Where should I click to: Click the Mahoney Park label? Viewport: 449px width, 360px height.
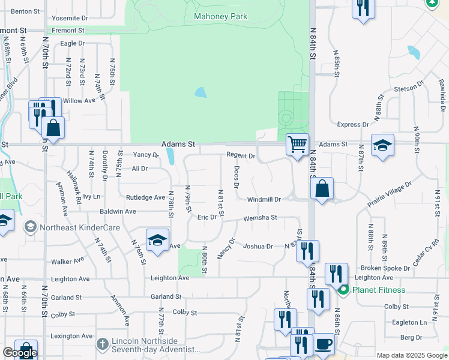(x=220, y=16)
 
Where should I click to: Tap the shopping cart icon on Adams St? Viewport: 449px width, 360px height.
(x=297, y=145)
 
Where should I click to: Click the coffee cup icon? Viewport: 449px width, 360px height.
(x=324, y=344)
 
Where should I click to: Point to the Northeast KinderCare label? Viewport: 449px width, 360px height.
(x=80, y=227)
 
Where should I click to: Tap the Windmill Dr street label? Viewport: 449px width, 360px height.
(x=264, y=199)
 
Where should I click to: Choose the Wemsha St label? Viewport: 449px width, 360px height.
(x=260, y=218)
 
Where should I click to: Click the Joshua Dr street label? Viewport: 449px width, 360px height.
(x=258, y=246)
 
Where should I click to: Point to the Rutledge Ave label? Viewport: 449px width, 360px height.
(x=145, y=197)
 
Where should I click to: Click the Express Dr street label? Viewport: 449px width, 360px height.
(x=353, y=125)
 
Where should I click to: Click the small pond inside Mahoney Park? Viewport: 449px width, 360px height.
(x=200, y=93)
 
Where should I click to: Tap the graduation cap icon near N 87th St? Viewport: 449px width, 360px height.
(x=382, y=145)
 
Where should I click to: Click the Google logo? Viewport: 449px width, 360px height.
(x=19, y=353)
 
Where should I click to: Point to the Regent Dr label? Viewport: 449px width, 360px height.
(x=241, y=155)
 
